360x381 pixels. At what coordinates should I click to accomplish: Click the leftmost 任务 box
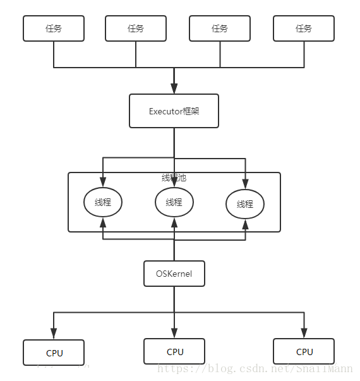coord(54,28)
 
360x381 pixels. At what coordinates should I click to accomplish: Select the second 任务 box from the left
coord(136,28)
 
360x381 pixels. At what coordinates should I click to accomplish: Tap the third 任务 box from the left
coord(220,28)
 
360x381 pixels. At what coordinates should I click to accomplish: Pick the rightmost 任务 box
coord(304,28)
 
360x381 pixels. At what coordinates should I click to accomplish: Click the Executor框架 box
coord(174,111)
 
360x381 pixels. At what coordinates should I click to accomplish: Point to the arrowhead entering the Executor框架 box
coord(174,89)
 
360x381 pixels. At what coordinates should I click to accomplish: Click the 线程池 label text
coord(174,178)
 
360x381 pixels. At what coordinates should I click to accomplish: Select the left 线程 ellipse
coord(103,202)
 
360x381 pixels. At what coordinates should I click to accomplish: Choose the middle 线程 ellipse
coord(174,202)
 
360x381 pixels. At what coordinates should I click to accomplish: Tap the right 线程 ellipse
coord(245,204)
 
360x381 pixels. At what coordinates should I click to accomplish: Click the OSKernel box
coord(174,274)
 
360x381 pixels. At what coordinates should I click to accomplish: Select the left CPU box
coord(54,353)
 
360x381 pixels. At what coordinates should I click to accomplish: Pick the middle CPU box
coord(174,351)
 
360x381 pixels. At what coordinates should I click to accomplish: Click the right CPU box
coord(304,351)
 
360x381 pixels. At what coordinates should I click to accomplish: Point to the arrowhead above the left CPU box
coord(54,334)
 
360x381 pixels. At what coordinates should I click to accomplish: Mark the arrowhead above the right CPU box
coord(304,334)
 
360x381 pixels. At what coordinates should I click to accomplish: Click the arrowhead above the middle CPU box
coord(174,334)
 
